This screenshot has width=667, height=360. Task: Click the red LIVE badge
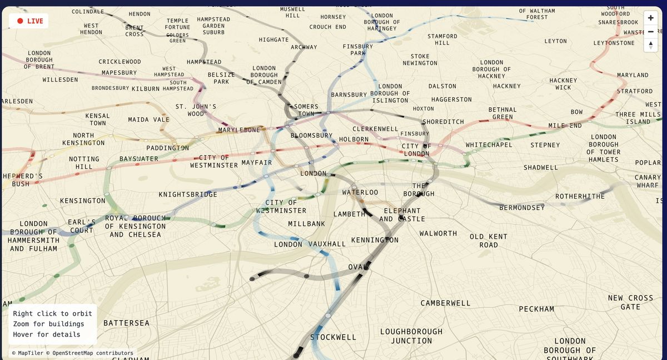(x=29, y=21)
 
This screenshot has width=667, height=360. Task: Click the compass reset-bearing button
(x=650, y=45)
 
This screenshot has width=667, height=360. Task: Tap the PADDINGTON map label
(x=167, y=148)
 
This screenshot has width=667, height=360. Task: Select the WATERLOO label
(x=360, y=192)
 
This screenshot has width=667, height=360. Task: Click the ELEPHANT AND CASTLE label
(x=402, y=215)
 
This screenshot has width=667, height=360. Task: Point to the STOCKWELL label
(x=333, y=337)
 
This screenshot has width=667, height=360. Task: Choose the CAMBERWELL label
(x=445, y=303)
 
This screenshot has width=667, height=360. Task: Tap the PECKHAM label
(x=536, y=309)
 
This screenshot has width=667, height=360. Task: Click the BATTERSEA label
(x=126, y=323)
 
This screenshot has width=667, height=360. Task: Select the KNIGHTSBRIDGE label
(x=188, y=194)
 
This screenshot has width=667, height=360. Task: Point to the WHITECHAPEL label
(x=489, y=145)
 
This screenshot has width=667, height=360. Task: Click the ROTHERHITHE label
(x=580, y=197)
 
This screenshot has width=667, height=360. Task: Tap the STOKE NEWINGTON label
(x=420, y=59)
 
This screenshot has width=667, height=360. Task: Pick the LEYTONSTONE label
(x=614, y=43)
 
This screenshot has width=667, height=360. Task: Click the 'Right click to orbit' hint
(x=53, y=314)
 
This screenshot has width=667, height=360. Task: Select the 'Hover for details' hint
(x=47, y=334)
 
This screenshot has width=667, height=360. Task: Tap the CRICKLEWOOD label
(x=120, y=62)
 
